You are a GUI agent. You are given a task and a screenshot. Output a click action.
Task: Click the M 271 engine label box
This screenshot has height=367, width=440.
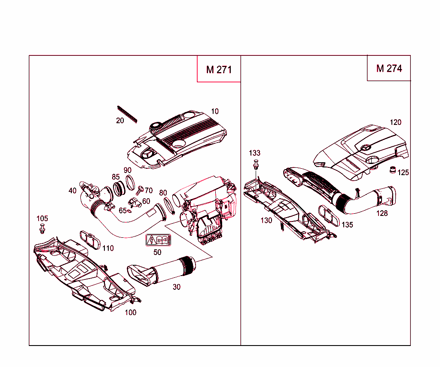219,69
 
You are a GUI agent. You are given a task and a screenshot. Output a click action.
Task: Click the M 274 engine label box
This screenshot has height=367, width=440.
389,68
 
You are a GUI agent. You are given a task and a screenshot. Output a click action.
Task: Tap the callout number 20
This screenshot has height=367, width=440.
120,121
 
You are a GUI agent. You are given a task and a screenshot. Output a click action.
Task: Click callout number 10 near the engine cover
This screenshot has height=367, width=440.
215,111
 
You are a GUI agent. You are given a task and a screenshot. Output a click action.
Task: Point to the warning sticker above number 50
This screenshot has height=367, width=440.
158,240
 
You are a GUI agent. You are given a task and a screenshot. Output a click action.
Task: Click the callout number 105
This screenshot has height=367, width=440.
42,218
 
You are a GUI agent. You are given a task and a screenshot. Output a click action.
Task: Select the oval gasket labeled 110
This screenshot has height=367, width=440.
90,239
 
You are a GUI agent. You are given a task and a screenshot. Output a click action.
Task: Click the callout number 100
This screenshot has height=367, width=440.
131,312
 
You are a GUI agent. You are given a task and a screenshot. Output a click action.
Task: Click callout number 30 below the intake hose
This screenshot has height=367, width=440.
177,287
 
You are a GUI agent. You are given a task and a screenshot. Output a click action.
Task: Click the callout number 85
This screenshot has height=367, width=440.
116,177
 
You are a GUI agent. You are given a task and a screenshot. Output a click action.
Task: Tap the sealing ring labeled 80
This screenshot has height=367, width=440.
169,206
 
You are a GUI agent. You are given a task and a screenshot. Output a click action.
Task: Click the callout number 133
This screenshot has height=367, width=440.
255,153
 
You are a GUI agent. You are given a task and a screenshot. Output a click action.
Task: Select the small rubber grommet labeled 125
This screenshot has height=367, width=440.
392,170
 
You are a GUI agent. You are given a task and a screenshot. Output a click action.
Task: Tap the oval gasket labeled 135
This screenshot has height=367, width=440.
329,215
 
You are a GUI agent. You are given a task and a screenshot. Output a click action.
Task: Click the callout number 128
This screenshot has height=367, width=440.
382,213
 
